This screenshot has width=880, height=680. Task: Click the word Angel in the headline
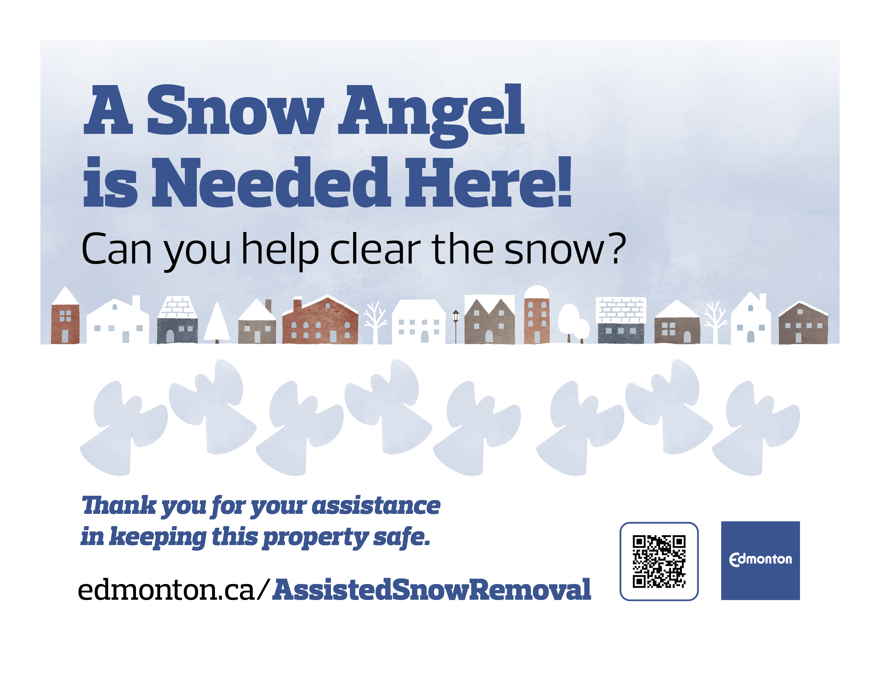tap(431, 115)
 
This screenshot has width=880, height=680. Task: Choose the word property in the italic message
tap(315, 538)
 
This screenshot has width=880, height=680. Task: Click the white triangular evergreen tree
tap(217, 322)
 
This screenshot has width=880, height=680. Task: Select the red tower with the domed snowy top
tap(537, 315)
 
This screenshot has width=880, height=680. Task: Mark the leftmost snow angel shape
tap(124, 429)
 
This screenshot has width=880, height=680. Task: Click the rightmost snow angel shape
tap(756, 429)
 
